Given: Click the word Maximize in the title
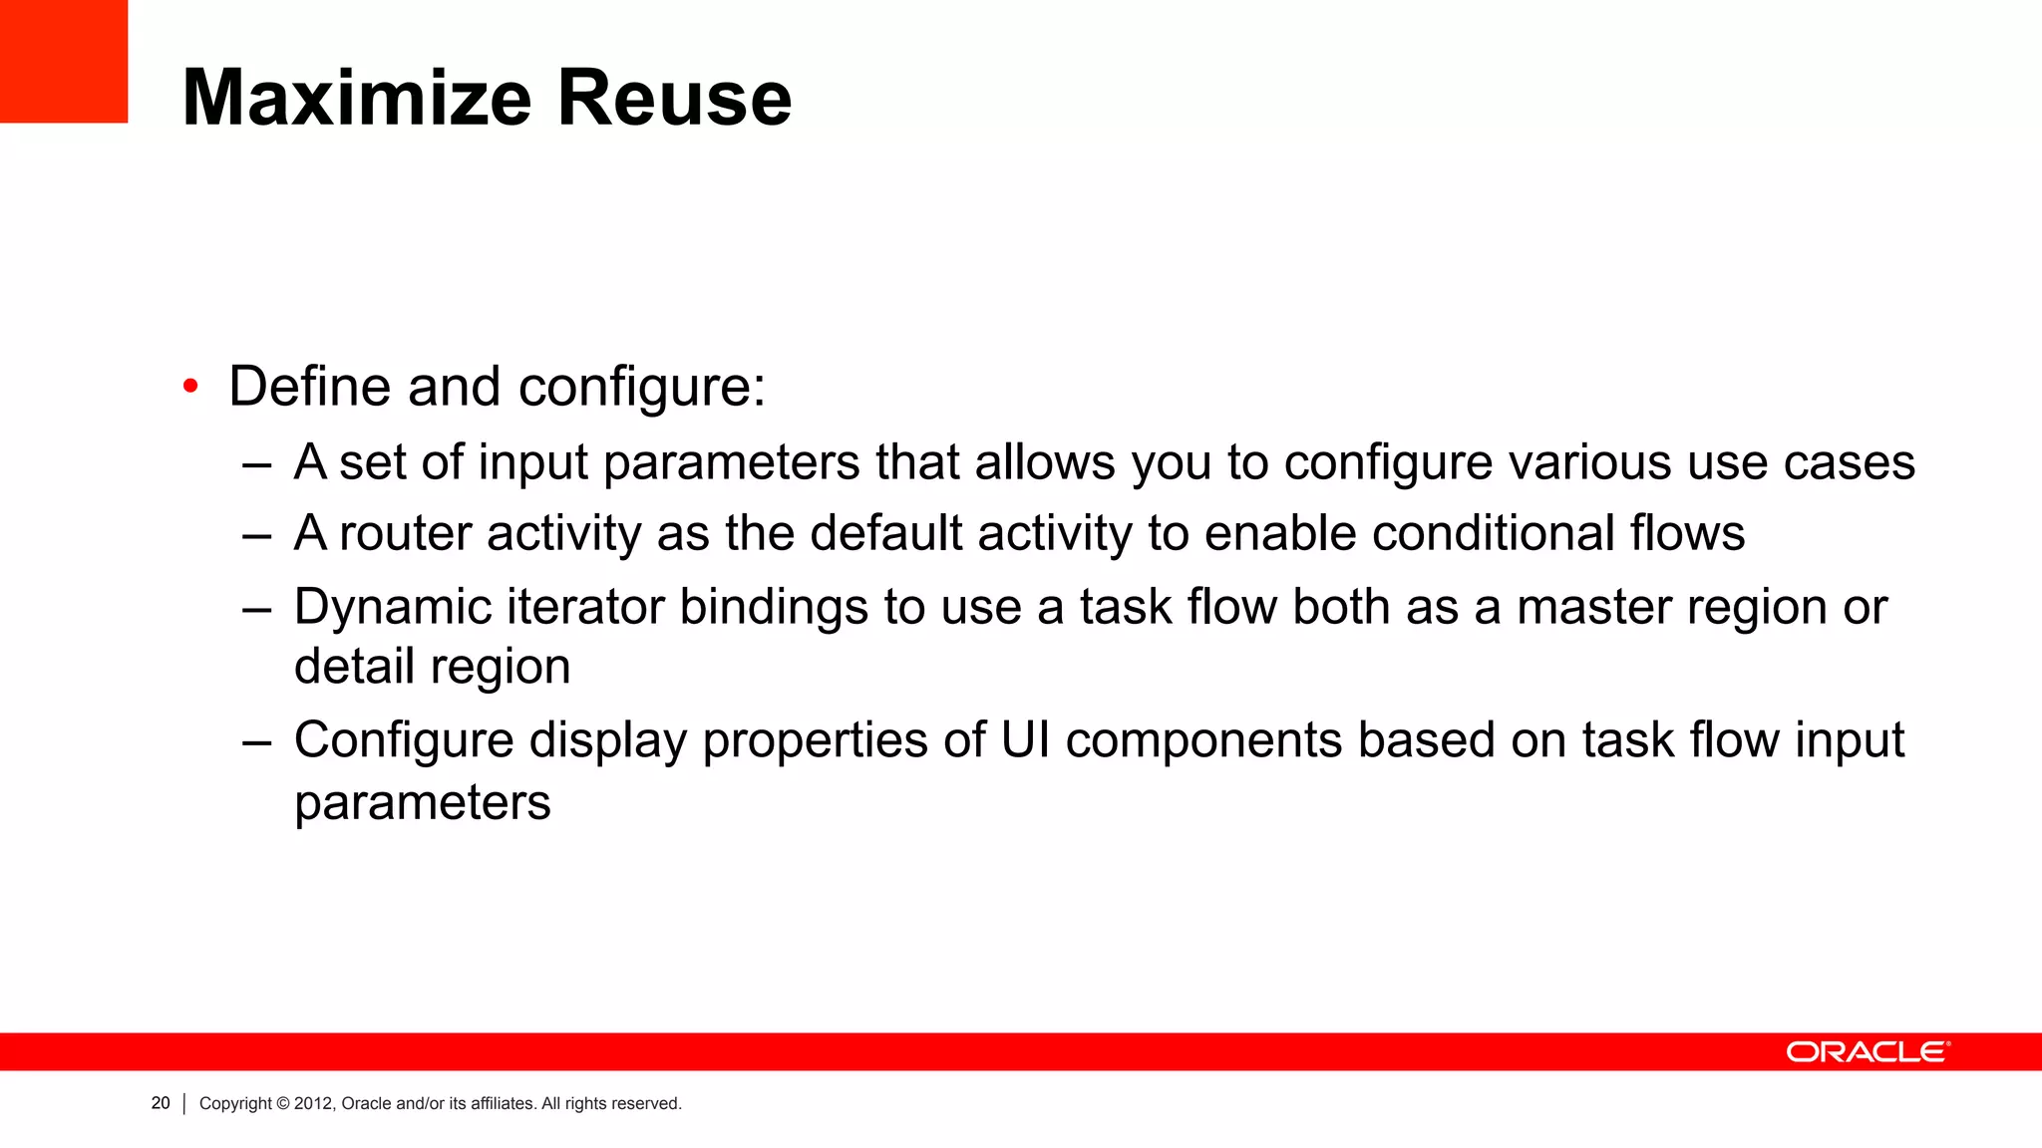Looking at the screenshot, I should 357,98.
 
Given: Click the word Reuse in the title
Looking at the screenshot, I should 674,98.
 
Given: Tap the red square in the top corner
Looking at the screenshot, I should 64,61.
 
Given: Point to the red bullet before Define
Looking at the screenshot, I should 190,387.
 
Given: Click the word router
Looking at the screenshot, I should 405,533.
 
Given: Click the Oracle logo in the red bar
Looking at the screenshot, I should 1867,1052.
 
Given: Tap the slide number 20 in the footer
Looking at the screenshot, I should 161,1103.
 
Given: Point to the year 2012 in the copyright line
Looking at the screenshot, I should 314,1103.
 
